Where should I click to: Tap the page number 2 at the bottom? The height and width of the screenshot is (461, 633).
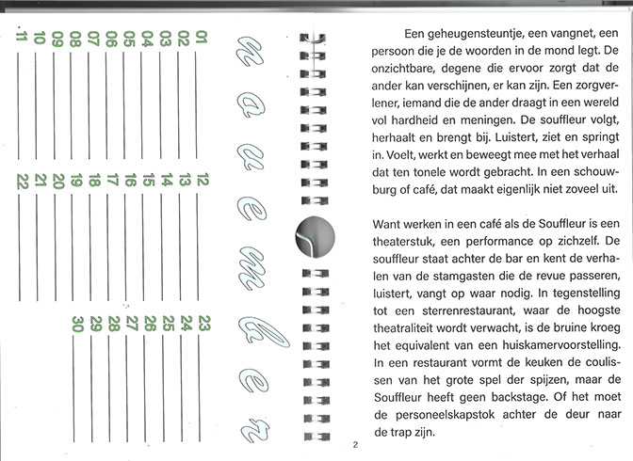355,445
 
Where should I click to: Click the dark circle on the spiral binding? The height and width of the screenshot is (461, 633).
316,233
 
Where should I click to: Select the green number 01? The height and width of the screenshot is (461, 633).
201,38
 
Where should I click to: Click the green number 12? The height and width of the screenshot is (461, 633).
201,182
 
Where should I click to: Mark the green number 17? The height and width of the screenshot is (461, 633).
111,182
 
